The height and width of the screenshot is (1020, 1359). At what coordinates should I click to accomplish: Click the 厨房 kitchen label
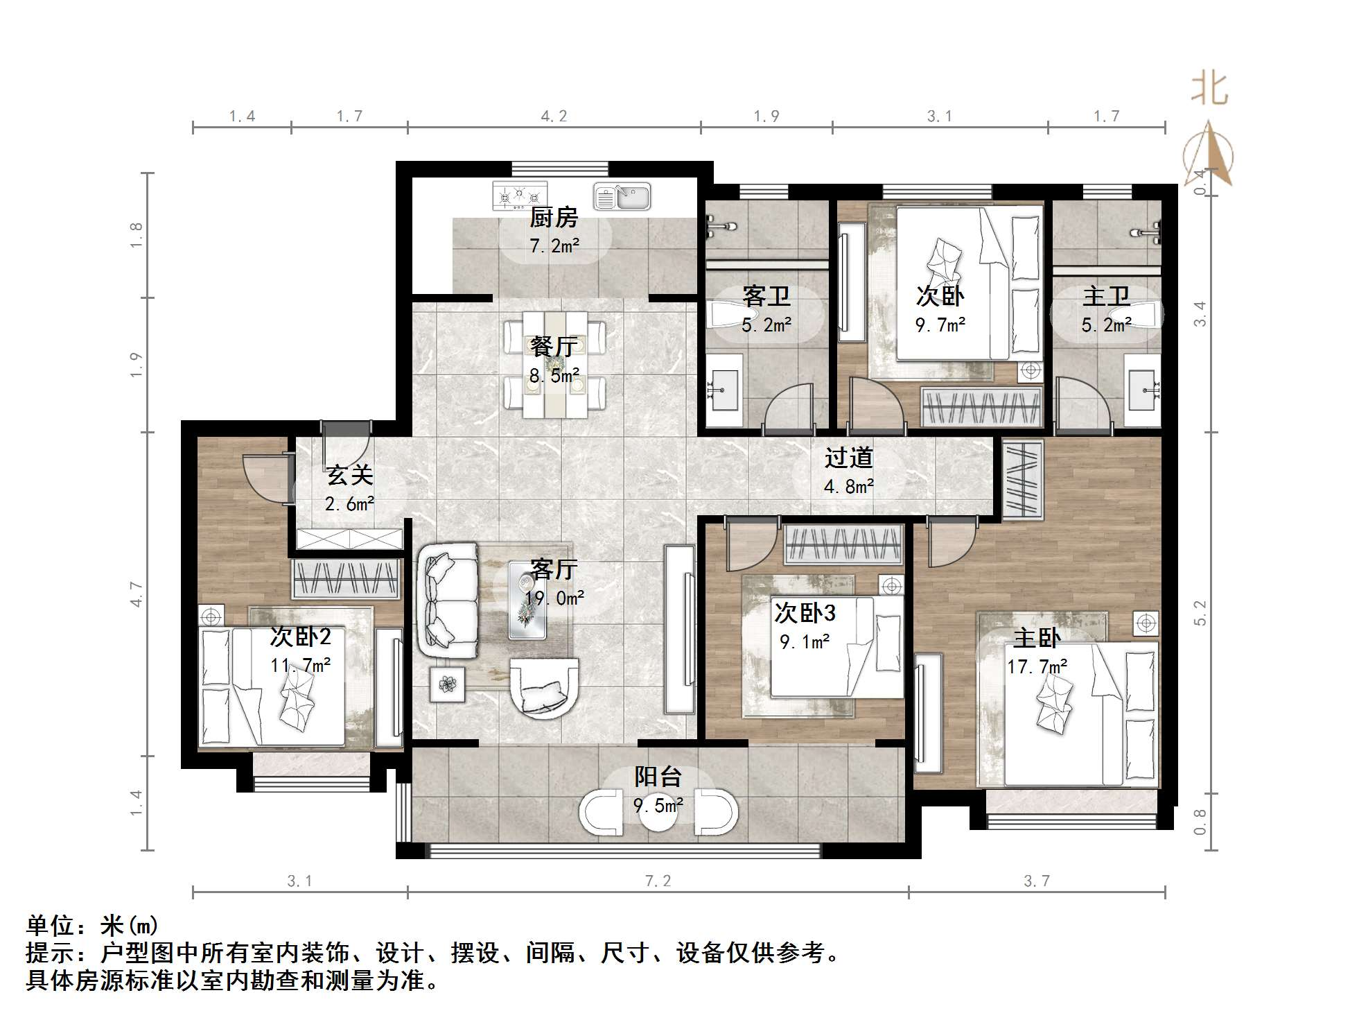[554, 218]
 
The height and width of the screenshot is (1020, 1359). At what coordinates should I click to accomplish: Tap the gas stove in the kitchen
[519, 196]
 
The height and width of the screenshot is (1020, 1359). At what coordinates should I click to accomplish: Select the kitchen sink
[622, 196]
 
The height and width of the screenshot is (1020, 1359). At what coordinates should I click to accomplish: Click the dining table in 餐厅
[554, 365]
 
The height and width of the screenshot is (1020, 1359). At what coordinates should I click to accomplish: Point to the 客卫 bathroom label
[766, 296]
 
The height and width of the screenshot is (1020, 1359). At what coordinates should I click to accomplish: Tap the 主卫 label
[1106, 296]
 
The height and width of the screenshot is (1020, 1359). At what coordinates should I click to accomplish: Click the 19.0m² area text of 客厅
[554, 598]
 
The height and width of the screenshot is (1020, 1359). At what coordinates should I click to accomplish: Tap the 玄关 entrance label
[350, 475]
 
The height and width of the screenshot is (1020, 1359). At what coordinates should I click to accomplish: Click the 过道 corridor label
[848, 458]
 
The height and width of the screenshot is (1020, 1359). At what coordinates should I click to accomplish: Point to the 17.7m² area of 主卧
[1037, 667]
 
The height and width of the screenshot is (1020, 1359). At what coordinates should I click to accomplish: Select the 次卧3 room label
[805, 613]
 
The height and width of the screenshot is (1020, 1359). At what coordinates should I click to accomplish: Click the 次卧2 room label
[301, 637]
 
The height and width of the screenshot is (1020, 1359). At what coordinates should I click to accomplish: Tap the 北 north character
[1210, 89]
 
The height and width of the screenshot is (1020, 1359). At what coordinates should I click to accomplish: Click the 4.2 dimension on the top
[554, 116]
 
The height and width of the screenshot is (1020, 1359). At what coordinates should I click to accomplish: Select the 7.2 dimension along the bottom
[658, 881]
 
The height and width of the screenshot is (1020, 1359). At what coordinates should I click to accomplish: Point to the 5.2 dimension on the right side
[1200, 613]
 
